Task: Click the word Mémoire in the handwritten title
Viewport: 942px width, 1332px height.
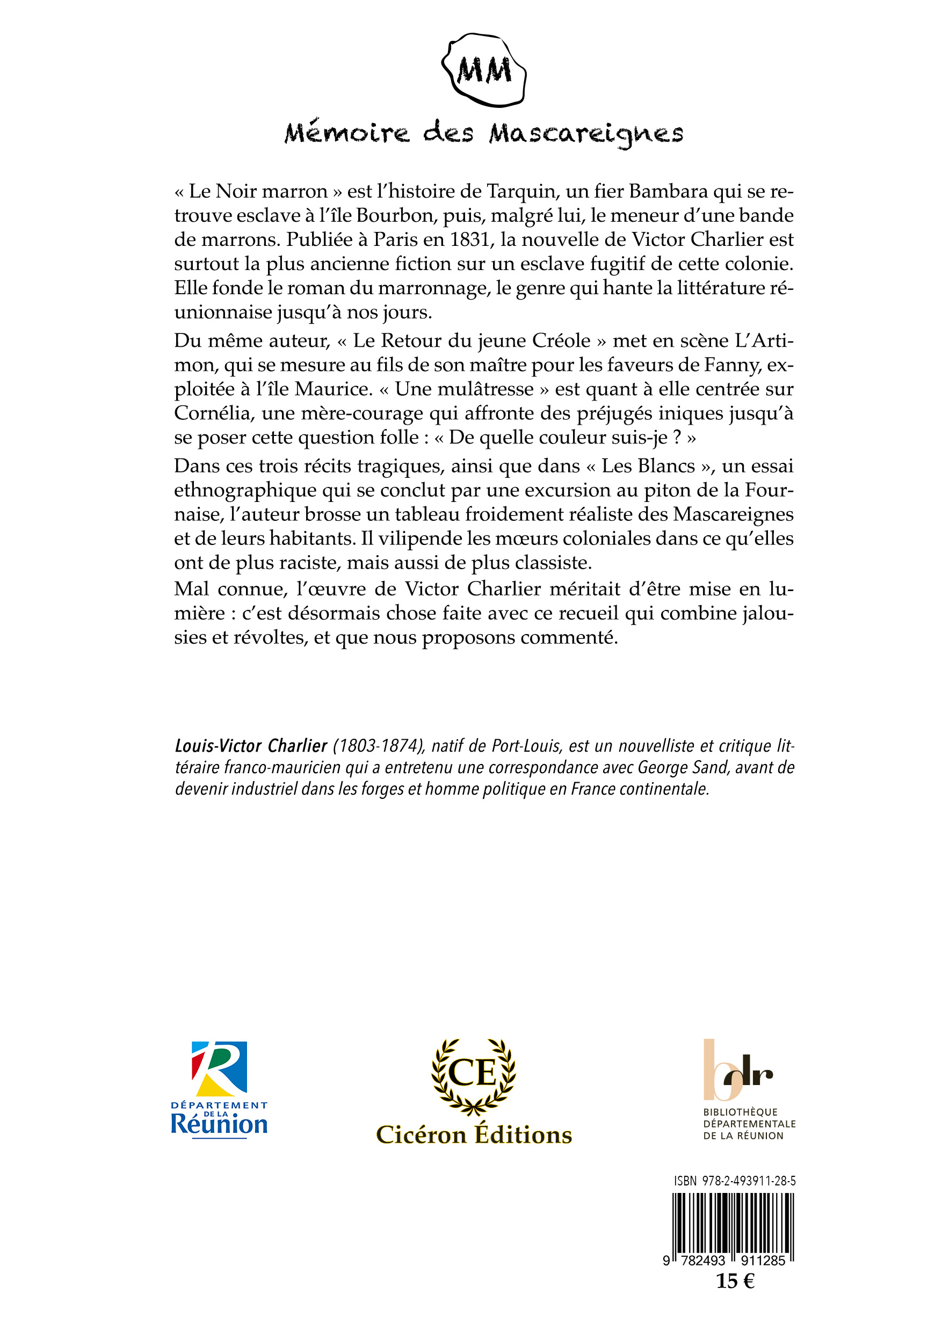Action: point(346,134)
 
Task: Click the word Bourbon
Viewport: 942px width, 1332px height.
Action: point(396,215)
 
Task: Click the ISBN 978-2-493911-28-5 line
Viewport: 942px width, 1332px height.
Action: point(734,1181)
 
